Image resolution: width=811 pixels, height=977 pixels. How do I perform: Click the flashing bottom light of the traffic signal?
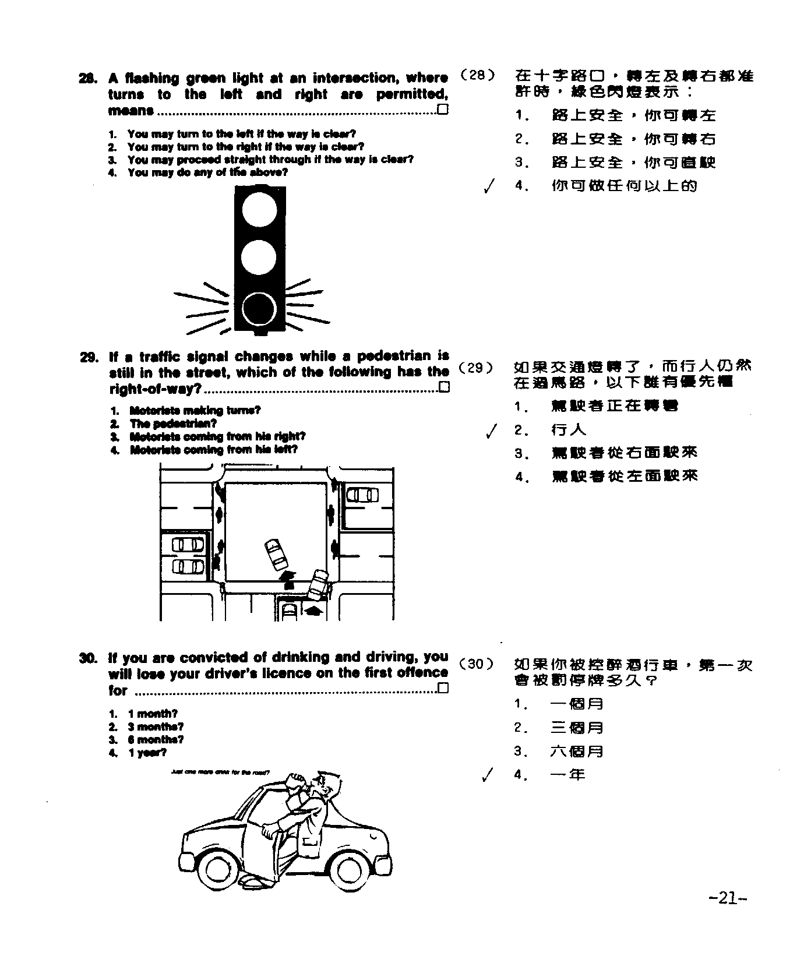pyautogui.click(x=259, y=308)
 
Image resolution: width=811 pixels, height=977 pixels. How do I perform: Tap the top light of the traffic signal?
pyautogui.click(x=259, y=210)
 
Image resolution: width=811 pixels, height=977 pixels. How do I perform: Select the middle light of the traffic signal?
pyautogui.click(x=259, y=259)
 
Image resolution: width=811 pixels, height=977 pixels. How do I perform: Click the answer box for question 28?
pyautogui.click(x=443, y=110)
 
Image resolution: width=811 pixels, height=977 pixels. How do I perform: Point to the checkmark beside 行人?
pyautogui.click(x=492, y=431)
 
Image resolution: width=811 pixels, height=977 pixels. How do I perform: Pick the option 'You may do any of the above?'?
pyautogui.click(x=207, y=172)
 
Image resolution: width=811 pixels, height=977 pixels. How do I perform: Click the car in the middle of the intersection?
pyautogui.click(x=276, y=554)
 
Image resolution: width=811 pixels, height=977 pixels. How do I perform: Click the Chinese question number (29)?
pyautogui.click(x=475, y=368)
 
